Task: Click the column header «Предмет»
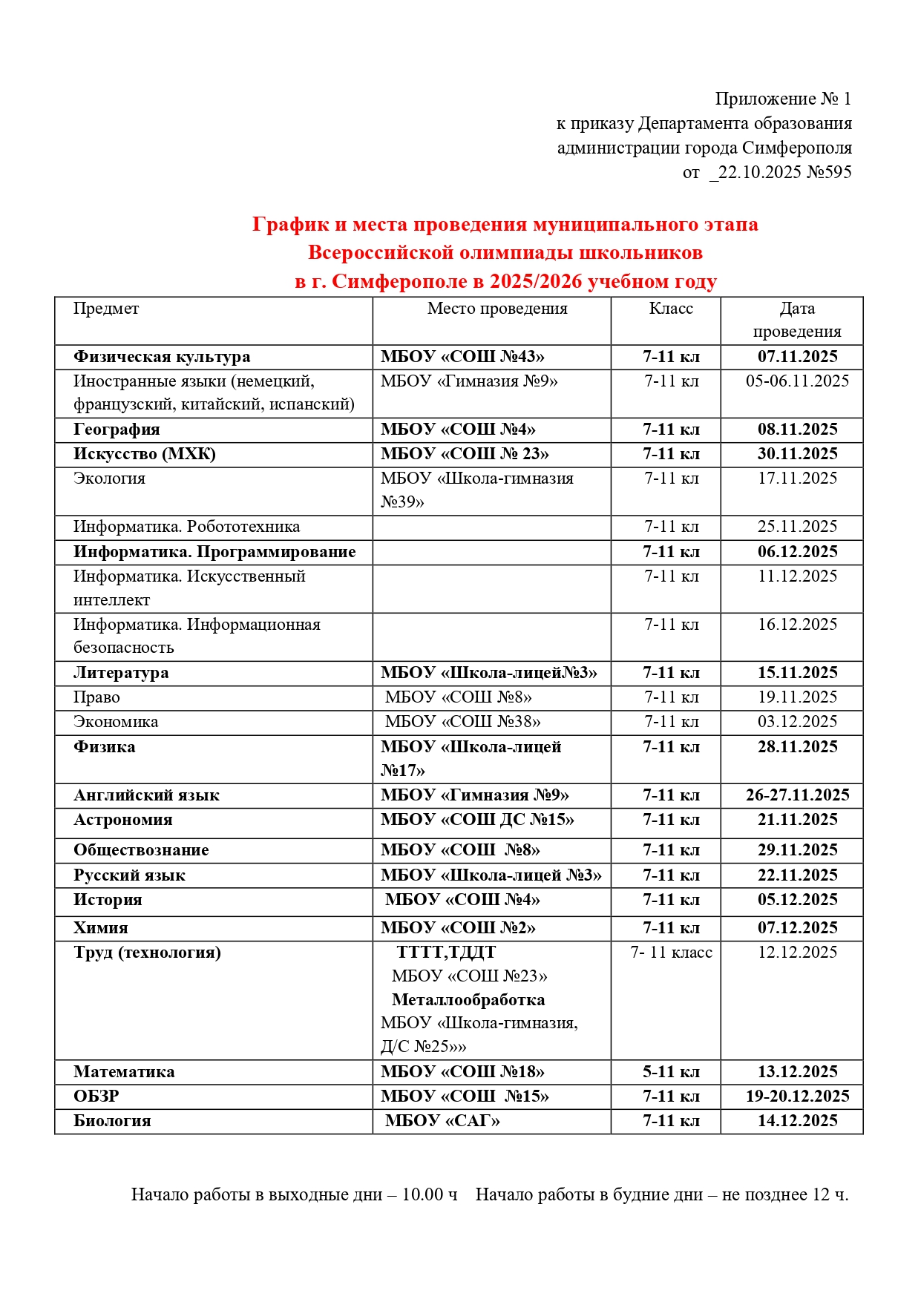tap(106, 309)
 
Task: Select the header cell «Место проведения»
tap(497, 309)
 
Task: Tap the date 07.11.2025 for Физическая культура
tap(797, 357)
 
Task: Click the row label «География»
tap(117, 430)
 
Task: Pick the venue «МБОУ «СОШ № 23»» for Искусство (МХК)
tap(465, 454)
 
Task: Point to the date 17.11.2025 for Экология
tap(797, 479)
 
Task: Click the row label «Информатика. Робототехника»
tap(186, 527)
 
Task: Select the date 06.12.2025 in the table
tap(797, 552)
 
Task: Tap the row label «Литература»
tap(121, 673)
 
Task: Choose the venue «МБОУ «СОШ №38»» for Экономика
tap(462, 722)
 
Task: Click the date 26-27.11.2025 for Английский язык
tap(797, 795)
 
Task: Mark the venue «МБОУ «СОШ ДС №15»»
tap(477, 820)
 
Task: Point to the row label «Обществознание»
tap(141, 850)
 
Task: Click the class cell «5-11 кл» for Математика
tap(671, 1072)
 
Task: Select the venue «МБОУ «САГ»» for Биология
tap(442, 1121)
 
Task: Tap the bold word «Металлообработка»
tap(468, 1000)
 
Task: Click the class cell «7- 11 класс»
tap(671, 953)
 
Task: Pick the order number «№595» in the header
tap(829, 172)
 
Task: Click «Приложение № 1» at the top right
tap(783, 99)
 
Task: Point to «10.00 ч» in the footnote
tap(430, 1194)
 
